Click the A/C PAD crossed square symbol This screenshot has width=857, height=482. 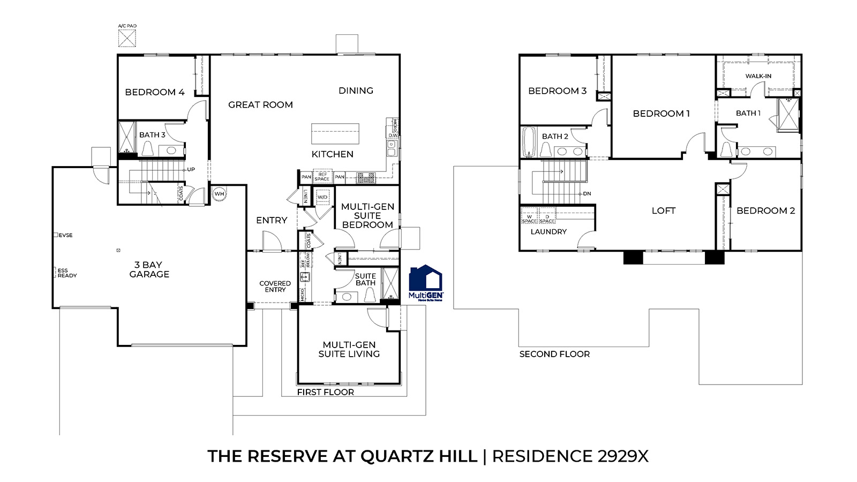pos(127,39)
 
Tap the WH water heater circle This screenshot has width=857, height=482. pos(220,193)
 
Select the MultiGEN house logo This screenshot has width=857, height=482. pos(426,282)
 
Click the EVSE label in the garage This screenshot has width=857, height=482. pos(65,235)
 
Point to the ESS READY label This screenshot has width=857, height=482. pos(67,273)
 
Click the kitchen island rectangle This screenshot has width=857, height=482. pos(335,134)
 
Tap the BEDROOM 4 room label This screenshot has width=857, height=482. pos(154,92)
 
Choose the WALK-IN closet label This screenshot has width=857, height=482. pos(758,76)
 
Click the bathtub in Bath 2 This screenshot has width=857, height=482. pos(528,142)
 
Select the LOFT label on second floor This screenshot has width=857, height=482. pos(663,211)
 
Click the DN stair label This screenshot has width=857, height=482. pos(587,194)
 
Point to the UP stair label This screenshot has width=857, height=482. pos(191,169)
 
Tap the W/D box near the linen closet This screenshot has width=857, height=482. pos(322,197)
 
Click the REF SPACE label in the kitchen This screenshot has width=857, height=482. pos(322,177)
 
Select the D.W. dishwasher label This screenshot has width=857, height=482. pos(393,135)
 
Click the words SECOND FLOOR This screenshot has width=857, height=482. pos(554,354)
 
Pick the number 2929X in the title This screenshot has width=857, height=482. pos(622,456)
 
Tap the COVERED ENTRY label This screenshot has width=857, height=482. pos(275,287)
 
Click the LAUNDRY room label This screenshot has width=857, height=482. pos(548,232)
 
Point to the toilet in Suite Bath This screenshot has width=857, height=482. pos(370,295)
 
